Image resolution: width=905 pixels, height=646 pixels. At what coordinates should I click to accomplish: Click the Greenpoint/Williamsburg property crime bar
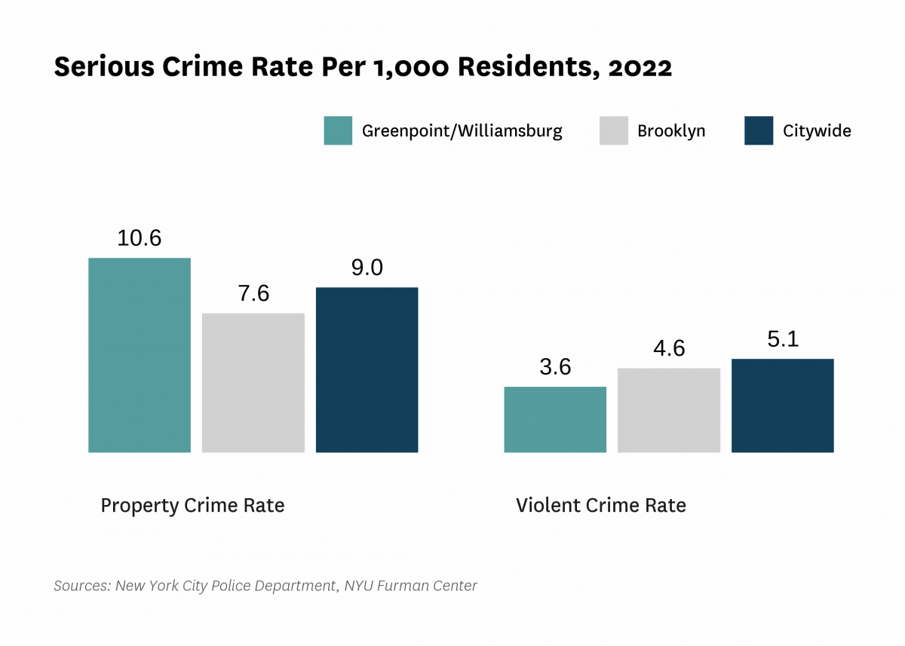pos(140,355)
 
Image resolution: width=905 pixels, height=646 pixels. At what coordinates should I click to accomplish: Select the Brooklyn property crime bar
pos(253,382)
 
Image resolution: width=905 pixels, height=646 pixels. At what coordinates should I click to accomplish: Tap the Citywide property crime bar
pos(367,369)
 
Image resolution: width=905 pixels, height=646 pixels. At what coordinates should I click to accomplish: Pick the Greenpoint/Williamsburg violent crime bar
pos(555,419)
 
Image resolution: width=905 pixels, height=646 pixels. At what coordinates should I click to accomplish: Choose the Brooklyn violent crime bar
pos(669,410)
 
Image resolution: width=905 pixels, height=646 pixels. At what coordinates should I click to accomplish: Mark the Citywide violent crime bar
pos(783,406)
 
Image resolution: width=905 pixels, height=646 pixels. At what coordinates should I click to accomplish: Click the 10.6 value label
pos(140,238)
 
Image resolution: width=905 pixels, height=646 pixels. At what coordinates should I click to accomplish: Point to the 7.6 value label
pos(253,293)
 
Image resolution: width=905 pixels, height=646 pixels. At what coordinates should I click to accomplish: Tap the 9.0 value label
pos(367,268)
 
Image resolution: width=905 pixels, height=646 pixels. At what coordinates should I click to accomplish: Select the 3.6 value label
pos(555,367)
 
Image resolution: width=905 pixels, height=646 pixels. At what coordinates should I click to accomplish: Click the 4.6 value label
pos(669,348)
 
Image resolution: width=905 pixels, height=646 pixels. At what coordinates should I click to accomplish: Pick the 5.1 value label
pos(783,339)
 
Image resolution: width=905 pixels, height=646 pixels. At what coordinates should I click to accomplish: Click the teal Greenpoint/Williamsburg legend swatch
pos(338,130)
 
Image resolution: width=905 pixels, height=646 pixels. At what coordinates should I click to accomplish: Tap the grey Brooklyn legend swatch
pos(614,130)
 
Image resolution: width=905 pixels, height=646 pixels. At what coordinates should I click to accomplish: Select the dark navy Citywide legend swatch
pos(759,130)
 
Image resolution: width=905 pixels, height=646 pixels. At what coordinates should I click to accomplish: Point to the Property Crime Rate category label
pos(192,505)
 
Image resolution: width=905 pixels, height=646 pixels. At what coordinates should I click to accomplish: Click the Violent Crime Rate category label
pos(601,505)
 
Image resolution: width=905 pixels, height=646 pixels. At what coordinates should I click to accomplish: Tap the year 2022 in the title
pos(640,68)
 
